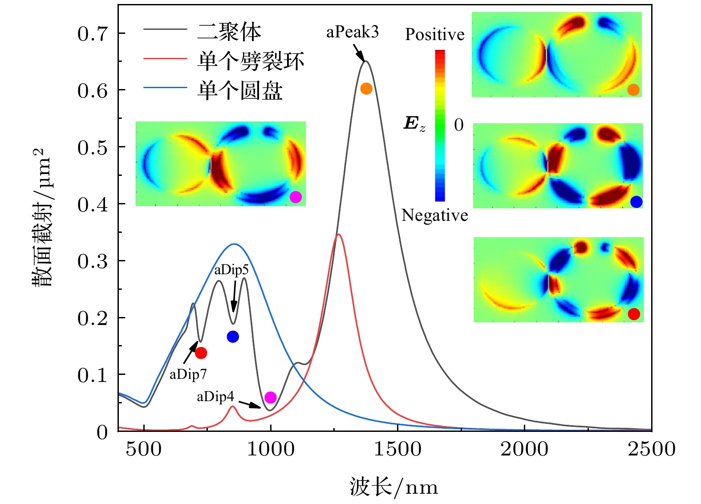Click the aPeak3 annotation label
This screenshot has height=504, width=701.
coord(352,32)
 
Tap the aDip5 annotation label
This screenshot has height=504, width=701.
coord(231,270)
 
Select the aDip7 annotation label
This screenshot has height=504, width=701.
coord(188,374)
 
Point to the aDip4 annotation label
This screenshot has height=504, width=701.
coord(215,397)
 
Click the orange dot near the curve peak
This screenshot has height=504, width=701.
coord(366,89)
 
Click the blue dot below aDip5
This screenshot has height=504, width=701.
coord(233,337)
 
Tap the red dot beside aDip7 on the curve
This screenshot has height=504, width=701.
coord(201,353)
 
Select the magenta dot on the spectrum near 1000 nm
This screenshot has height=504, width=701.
coord(270,397)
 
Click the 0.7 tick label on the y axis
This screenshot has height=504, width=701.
coord(92,34)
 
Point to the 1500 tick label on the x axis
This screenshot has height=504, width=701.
coord(397,449)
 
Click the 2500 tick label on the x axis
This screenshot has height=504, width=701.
coord(651,449)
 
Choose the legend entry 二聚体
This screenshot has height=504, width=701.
coord(229,31)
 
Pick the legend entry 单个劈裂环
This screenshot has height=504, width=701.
coord(251,61)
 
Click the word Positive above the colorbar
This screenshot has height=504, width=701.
coord(434,34)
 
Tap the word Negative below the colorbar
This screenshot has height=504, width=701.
coord(434,215)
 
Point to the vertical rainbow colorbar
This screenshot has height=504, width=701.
coord(440,125)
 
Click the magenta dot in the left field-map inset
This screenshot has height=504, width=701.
coord(296,197)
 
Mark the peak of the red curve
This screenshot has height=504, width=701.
coord(339,234)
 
